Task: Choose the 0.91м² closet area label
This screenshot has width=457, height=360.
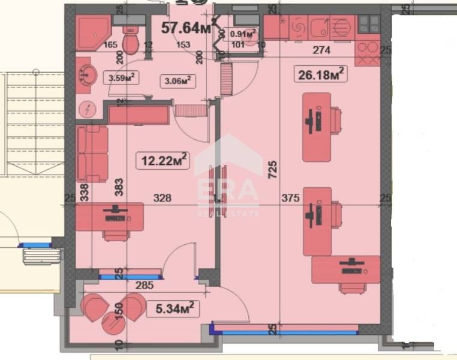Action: coord(243,34)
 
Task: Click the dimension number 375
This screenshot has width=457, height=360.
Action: coord(290,197)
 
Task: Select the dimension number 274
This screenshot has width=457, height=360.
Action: coord(321,51)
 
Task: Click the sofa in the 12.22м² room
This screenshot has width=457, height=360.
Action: coord(92,154)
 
